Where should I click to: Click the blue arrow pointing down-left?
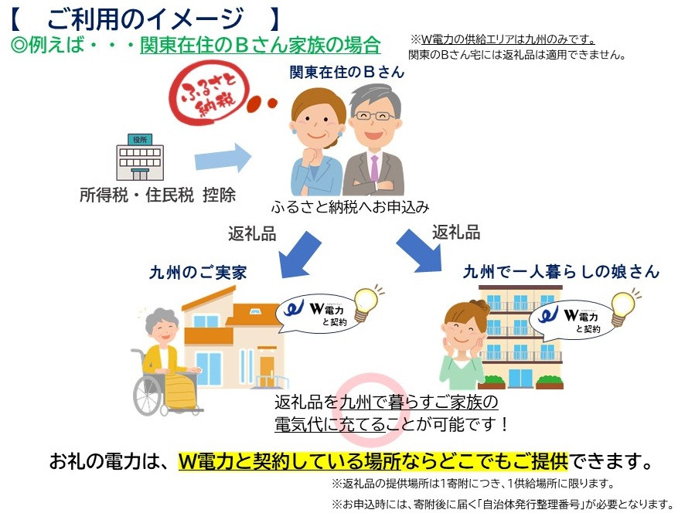tap(298, 254)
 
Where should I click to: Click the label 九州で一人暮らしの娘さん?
tap(561, 272)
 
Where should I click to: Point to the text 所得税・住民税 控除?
tap(158, 195)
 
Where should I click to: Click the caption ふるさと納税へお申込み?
tap(349, 207)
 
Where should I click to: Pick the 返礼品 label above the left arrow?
tap(252, 233)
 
